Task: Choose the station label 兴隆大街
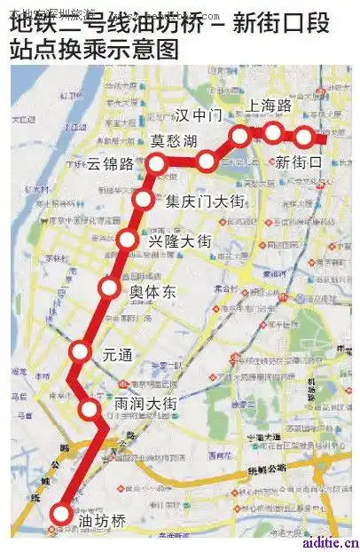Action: pos(180,241)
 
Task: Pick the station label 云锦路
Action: pos(111,164)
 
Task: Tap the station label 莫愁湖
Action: pos(174,141)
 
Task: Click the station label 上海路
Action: pos(270,106)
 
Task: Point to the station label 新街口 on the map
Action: pos(300,162)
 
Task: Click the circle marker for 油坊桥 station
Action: pos(61,513)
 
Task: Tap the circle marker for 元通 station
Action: pos(81,352)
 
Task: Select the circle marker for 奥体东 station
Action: pos(109,288)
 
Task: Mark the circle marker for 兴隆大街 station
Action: pos(128,239)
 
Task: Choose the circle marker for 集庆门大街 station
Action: pos(144,199)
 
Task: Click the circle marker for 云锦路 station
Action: pos(158,163)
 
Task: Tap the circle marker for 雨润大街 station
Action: pos(90,408)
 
